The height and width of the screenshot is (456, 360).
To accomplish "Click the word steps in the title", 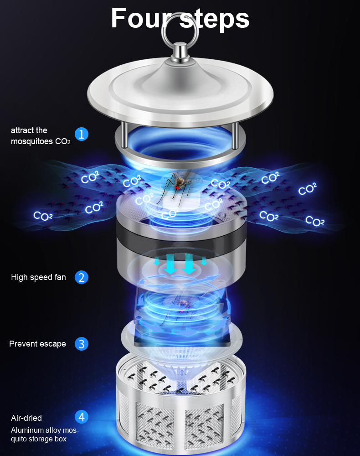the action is click(x=215, y=19).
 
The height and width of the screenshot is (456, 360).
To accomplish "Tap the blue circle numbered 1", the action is click(x=82, y=134).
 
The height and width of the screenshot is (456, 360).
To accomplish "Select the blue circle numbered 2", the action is click(x=82, y=277).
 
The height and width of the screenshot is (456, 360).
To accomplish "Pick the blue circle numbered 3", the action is click(x=82, y=344).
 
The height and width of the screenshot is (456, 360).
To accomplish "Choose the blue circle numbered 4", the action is click(x=82, y=417).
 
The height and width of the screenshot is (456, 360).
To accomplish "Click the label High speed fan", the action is click(x=38, y=277).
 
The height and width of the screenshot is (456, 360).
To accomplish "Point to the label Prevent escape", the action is click(x=37, y=344).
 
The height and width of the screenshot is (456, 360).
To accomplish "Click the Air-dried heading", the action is click(x=26, y=418).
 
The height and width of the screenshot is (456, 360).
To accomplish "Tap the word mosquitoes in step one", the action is click(x=32, y=142).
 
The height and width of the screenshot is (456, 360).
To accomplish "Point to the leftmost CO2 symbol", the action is click(x=43, y=216).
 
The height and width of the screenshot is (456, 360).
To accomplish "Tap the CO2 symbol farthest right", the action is click(x=315, y=221).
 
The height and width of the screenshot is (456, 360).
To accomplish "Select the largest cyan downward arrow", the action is click(x=189, y=264).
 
